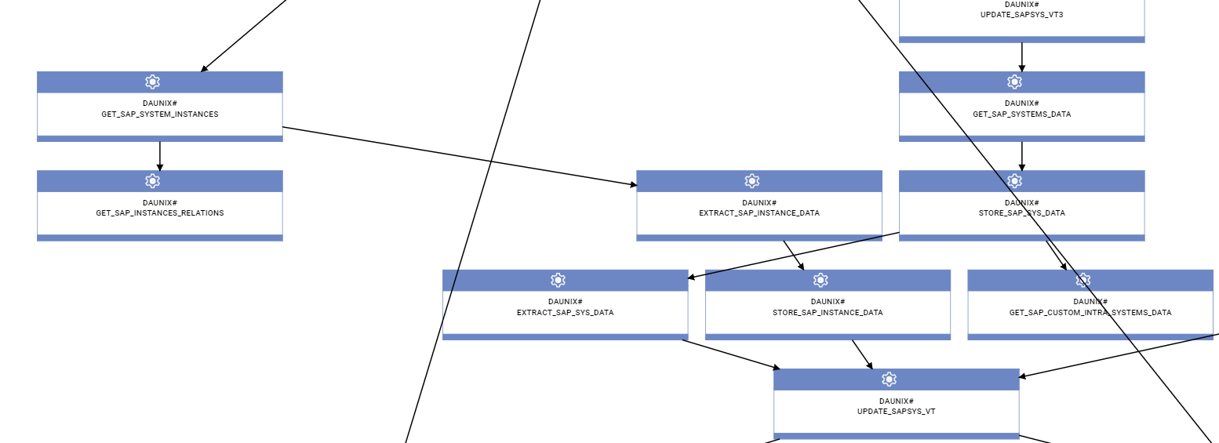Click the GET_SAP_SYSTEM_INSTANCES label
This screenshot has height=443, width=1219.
pos(160,114)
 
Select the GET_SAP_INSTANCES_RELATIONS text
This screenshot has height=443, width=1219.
pos(160,213)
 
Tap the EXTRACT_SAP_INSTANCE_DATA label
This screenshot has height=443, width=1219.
pos(759,213)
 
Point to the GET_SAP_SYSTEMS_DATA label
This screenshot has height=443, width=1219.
pos(1021,114)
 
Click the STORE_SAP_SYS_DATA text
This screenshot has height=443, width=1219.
pos(1021,213)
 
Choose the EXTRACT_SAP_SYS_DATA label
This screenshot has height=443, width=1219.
pos(565,313)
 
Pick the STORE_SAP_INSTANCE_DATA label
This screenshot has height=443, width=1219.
pos(828,313)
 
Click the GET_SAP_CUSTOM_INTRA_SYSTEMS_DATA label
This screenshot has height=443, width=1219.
pos(1090,313)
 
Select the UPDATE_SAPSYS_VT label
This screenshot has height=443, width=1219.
pos(896,412)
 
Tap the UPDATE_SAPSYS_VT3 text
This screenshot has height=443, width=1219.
pos(1021,15)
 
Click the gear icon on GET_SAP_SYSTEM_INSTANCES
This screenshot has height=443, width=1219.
pos(153,82)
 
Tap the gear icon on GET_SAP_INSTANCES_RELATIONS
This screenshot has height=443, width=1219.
pos(153,181)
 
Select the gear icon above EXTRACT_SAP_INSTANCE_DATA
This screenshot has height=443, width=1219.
pos(752,181)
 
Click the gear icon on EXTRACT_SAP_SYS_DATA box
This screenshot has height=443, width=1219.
pos(558,280)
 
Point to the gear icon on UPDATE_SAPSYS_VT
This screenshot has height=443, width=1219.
pos(889,379)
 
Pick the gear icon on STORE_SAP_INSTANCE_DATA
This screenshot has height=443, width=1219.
pos(821,280)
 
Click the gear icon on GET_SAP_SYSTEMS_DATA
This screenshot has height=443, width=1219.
pos(1014,82)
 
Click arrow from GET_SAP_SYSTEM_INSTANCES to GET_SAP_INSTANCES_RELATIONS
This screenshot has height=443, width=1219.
pos(160,156)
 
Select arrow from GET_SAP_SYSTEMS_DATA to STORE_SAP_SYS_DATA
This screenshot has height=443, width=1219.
pos(1021,156)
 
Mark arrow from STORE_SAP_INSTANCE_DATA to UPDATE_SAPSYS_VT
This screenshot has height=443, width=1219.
pos(862,354)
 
